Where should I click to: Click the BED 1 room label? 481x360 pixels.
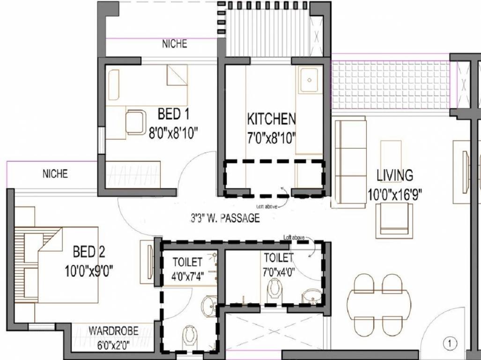click(173, 114)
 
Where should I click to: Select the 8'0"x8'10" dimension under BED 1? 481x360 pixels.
click(174, 133)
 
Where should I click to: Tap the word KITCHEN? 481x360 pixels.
click(271, 119)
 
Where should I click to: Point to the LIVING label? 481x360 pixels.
click(395, 175)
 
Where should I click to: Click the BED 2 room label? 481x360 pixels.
click(89, 252)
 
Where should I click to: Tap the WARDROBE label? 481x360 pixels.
click(113, 331)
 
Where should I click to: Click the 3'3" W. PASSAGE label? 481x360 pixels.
click(225, 218)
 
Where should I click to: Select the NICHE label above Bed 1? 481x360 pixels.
click(174, 44)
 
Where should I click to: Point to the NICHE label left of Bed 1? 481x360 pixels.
click(55, 174)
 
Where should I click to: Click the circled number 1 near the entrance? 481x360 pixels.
click(450, 344)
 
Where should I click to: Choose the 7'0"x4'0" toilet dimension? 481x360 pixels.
click(279, 270)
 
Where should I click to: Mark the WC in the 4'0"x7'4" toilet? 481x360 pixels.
click(190, 335)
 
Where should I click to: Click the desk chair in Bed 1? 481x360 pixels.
click(136, 121)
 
